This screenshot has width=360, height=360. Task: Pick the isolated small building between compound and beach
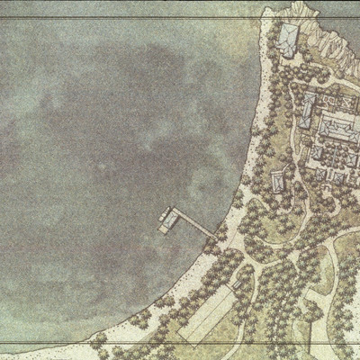pyautogui.click(x=279, y=180)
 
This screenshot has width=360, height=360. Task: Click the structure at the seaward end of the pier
pyautogui.click(x=167, y=219)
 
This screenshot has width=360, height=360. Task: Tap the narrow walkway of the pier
pyautogui.click(x=193, y=223)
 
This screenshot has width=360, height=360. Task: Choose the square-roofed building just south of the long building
pyautogui.click(x=318, y=154)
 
